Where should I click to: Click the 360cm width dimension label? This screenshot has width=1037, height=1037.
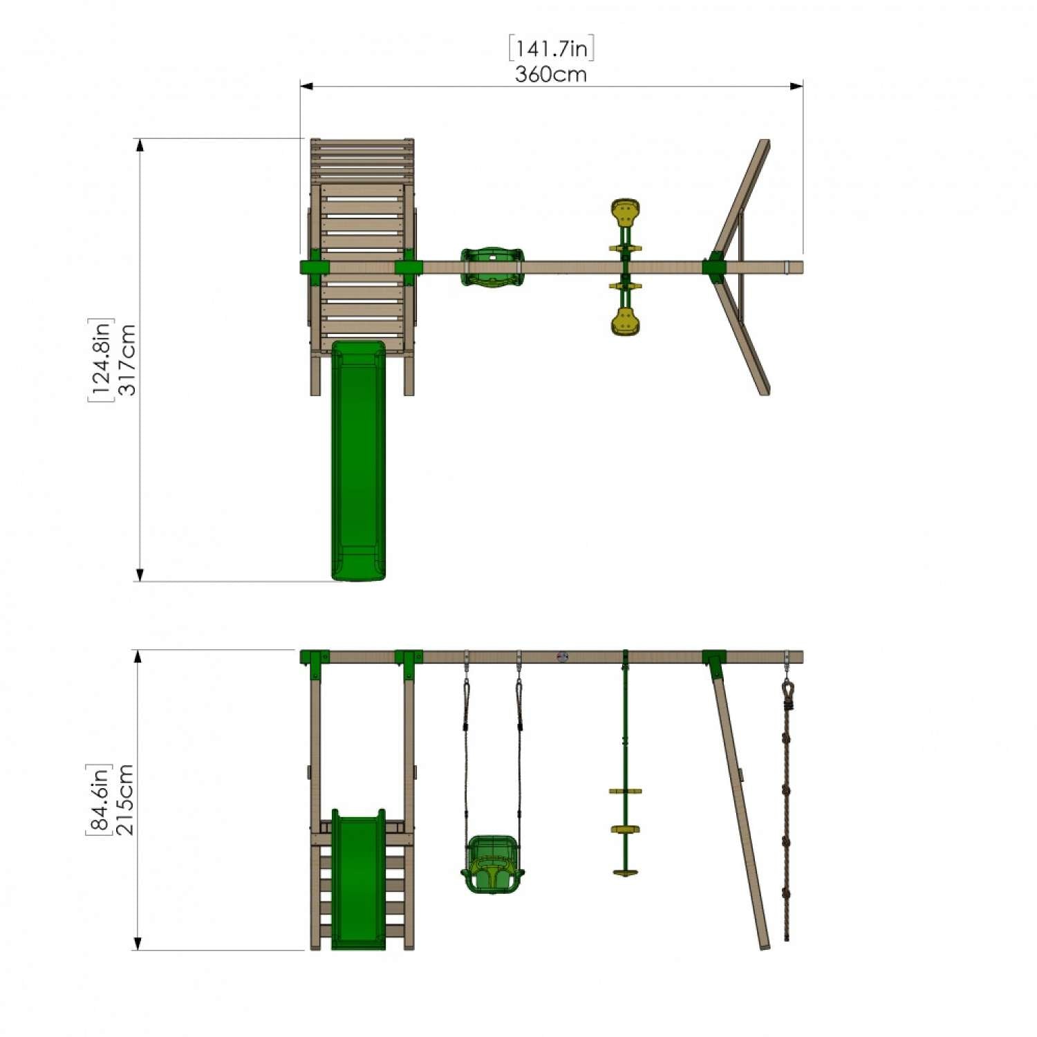click(x=550, y=74)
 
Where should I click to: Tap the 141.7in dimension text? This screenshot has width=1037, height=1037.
click(x=552, y=48)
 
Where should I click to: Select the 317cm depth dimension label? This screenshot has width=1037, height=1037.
click(x=128, y=359)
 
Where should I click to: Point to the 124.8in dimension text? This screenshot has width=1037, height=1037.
click(x=101, y=359)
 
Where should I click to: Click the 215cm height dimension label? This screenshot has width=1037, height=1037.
click(x=125, y=800)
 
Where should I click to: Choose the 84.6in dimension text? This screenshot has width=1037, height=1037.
click(x=99, y=800)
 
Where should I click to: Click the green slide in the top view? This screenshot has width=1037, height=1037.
click(x=358, y=460)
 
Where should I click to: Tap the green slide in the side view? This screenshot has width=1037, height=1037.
click(x=358, y=879)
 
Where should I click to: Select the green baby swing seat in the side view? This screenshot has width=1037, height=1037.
click(x=492, y=864)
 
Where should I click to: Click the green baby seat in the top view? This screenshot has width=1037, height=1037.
click(x=492, y=266)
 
